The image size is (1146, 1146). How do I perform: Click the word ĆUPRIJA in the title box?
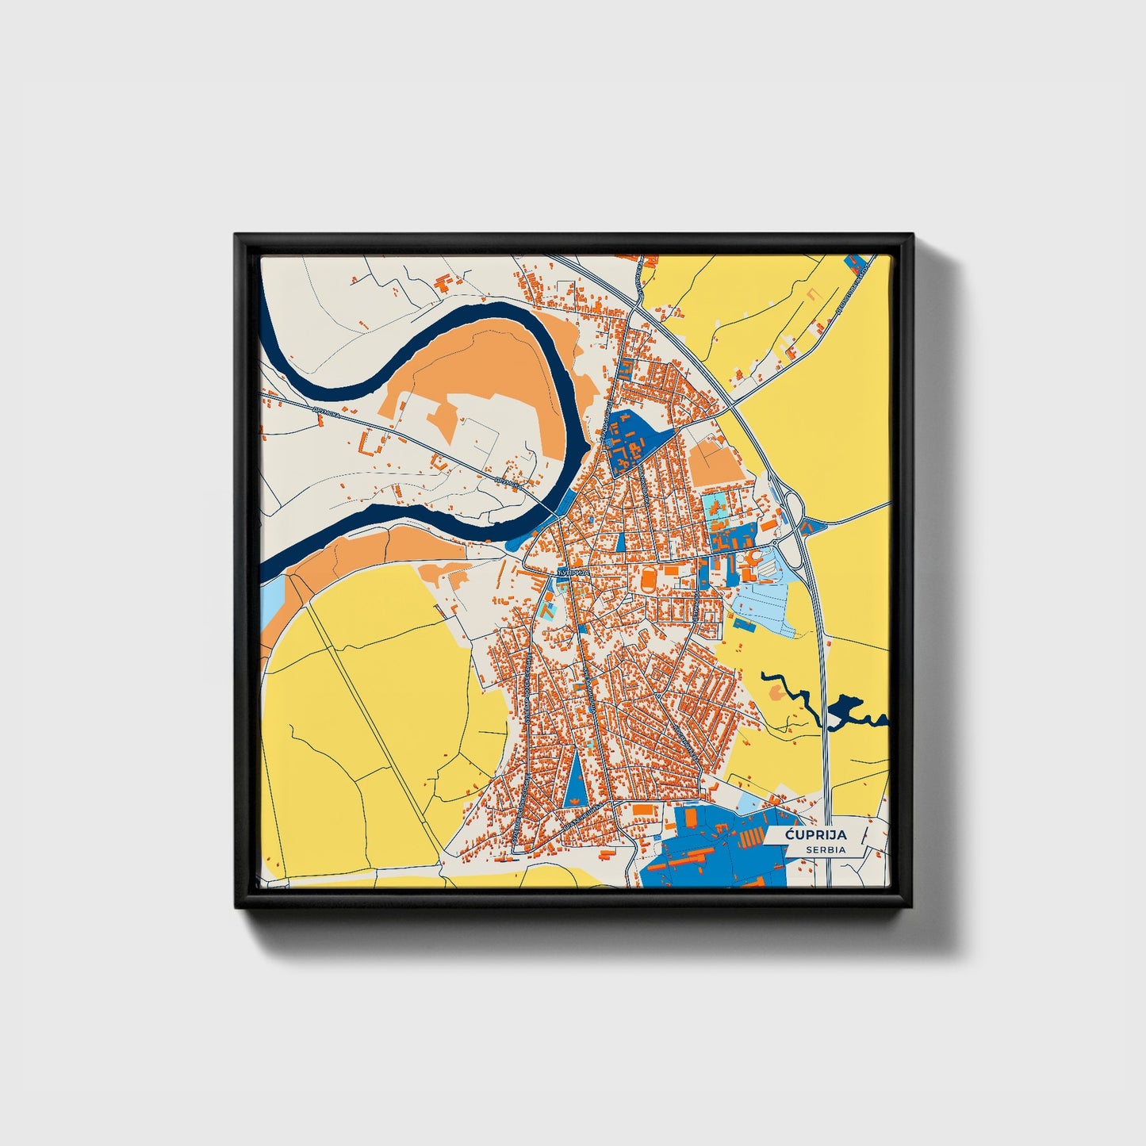click(816, 835)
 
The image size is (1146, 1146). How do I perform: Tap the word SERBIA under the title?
click(826, 849)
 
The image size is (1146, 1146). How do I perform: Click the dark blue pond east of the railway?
click(845, 709)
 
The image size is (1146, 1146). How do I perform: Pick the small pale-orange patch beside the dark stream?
click(778, 693)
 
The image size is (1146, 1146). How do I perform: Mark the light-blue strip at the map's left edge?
click(271, 601)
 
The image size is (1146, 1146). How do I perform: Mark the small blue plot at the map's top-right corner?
click(856, 262)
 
